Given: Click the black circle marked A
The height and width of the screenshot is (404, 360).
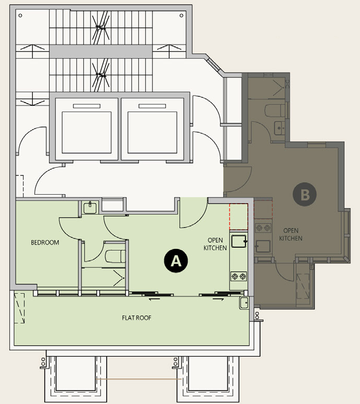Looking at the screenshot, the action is (x=176, y=260).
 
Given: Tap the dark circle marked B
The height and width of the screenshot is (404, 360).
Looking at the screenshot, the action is (x=305, y=194).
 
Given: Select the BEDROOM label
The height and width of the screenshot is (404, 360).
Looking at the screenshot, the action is (x=45, y=243).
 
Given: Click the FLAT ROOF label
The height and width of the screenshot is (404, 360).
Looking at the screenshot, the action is (x=136, y=318).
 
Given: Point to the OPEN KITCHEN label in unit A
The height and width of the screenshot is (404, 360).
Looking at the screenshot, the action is (x=215, y=244).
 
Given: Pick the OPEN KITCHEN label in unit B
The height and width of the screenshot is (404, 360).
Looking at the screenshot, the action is (x=291, y=234).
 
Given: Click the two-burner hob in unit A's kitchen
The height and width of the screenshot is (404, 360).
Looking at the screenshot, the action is (x=238, y=276).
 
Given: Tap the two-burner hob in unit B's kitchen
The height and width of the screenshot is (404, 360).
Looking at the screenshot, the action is (x=263, y=228).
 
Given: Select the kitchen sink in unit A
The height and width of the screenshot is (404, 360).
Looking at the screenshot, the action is (x=239, y=242).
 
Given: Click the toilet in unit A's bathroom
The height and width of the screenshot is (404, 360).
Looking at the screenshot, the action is (x=115, y=256).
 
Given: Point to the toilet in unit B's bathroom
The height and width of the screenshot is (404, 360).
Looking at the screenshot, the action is (x=275, y=110).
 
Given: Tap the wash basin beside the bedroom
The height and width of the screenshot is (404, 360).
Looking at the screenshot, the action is (x=90, y=208).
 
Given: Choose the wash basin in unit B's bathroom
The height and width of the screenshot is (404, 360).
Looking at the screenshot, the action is (x=280, y=128).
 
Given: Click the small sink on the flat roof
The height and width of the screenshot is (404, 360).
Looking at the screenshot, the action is (x=244, y=303).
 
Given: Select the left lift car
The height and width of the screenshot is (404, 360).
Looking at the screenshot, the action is (x=86, y=132).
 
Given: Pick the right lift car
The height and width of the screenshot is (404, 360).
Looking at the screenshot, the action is (x=152, y=132).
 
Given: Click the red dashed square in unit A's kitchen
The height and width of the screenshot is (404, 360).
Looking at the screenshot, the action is (x=239, y=217).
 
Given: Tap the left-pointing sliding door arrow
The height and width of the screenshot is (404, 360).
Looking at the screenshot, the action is (x=155, y=299).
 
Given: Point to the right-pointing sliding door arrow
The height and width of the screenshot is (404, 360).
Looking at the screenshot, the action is (x=218, y=299).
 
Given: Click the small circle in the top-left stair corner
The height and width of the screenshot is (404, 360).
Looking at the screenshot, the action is (x=20, y=16).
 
